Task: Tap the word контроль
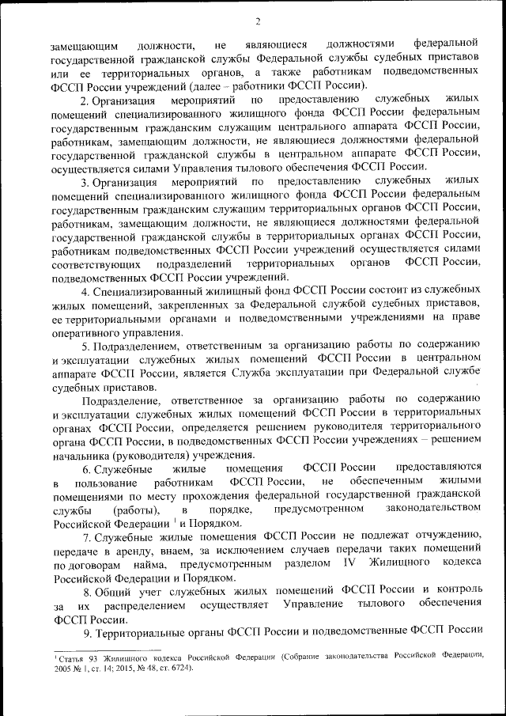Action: click(456, 591)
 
